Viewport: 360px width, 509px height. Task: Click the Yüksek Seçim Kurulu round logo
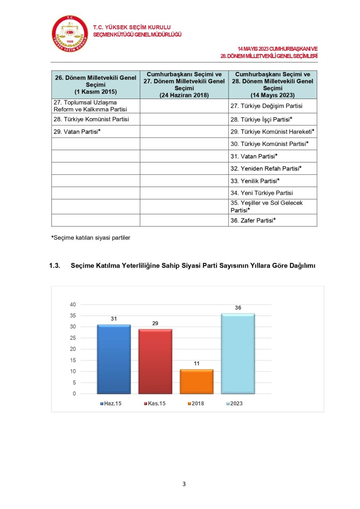coord(70,34)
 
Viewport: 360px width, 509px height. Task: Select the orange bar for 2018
coord(196,382)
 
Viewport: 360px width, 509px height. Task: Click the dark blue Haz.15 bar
coord(114,359)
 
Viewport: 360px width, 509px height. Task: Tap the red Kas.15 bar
coord(155,361)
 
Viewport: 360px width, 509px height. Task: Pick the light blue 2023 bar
coord(238,354)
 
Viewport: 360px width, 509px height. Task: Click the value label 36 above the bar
coord(238,308)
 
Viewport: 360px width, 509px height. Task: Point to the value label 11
coord(196,363)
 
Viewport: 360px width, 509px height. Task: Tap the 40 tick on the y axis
coord(72,305)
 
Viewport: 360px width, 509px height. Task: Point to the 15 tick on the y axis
coord(72,360)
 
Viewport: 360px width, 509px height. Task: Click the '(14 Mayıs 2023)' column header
coord(272,95)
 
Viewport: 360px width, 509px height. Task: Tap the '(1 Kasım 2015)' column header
coord(95,92)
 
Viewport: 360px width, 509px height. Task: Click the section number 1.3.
coord(54,266)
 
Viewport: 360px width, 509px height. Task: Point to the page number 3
coord(184,484)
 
